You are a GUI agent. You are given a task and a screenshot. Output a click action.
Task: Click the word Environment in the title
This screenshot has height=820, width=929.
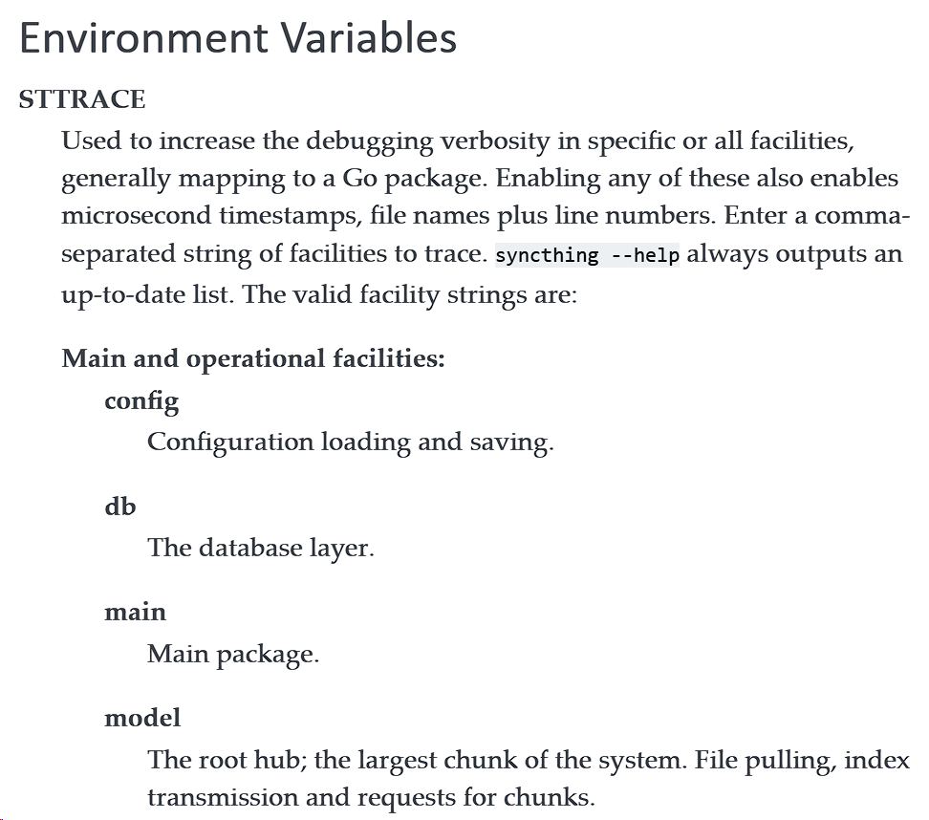click(x=141, y=38)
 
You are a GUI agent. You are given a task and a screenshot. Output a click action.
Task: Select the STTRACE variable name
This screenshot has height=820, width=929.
click(x=82, y=99)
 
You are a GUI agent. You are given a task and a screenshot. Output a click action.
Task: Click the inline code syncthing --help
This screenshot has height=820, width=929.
click(x=587, y=255)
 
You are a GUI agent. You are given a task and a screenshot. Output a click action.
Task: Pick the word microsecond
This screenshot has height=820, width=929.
click(x=140, y=216)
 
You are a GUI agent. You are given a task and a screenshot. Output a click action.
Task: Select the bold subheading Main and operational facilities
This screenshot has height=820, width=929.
click(x=253, y=358)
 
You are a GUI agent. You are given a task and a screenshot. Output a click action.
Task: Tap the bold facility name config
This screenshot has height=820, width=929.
click(x=141, y=401)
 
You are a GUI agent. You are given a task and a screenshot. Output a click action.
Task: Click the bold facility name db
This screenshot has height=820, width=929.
click(x=120, y=506)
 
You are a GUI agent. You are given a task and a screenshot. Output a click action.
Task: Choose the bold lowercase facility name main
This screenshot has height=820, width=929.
click(x=135, y=612)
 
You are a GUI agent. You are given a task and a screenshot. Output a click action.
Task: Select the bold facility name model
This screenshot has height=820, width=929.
click(x=142, y=717)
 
